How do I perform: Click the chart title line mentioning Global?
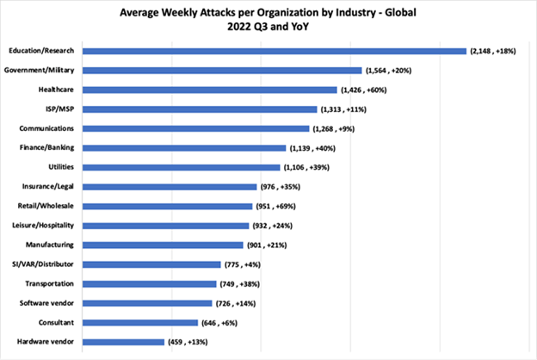(x=268, y=11)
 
